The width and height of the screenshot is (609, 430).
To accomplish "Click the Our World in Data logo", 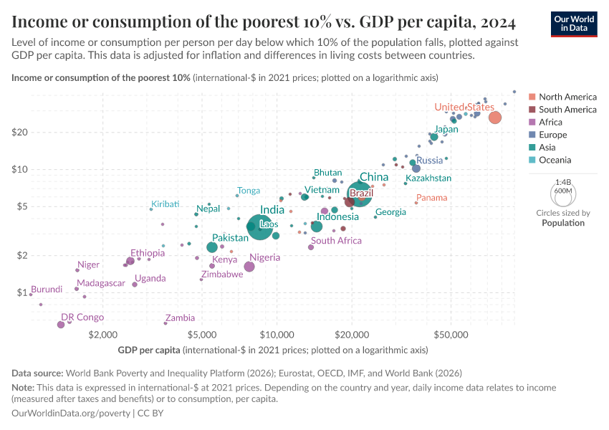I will [574, 24].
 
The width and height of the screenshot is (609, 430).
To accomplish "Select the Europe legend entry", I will [552, 135].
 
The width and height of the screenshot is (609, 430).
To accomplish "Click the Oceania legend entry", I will [555, 161].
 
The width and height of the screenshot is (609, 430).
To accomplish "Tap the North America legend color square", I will [532, 97].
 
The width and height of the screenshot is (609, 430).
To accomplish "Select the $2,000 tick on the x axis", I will [103, 335].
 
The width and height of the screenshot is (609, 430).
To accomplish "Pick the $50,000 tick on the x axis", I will [451, 335].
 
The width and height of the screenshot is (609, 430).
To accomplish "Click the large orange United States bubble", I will [494, 118].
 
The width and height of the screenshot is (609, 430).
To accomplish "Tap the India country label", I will [272, 210].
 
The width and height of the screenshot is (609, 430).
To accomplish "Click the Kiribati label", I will [165, 204].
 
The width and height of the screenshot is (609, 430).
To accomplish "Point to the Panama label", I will [431, 198].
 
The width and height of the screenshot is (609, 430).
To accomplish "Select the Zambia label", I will [180, 317].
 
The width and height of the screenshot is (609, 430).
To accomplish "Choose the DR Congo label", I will [82, 317].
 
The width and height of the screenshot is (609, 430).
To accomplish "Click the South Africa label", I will [336, 241].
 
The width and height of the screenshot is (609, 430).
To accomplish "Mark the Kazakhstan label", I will [428, 178].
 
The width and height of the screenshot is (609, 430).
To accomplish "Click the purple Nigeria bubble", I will [249, 267].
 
